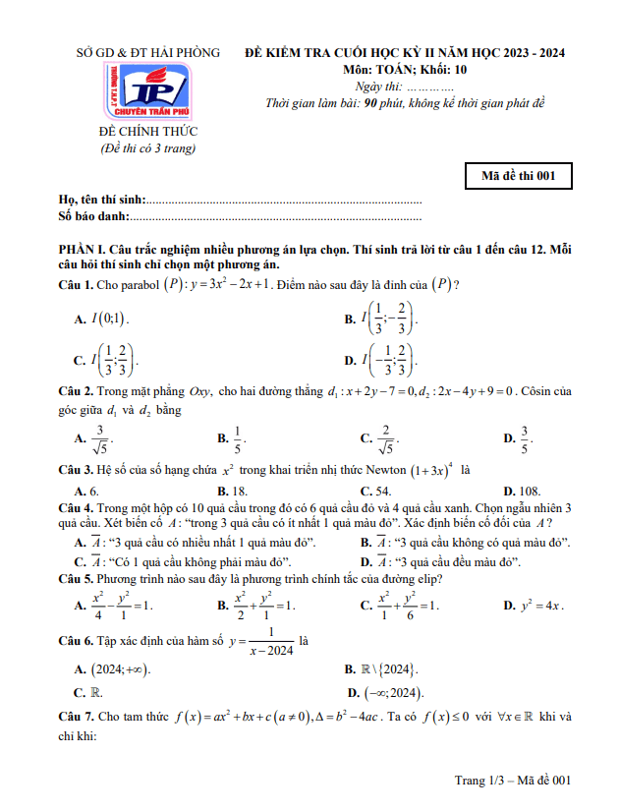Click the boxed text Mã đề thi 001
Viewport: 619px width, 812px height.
click(x=518, y=176)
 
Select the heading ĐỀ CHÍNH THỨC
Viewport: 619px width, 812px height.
click(x=148, y=132)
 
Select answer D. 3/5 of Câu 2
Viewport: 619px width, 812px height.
click(x=518, y=438)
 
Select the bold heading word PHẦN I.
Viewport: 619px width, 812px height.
click(x=83, y=251)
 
